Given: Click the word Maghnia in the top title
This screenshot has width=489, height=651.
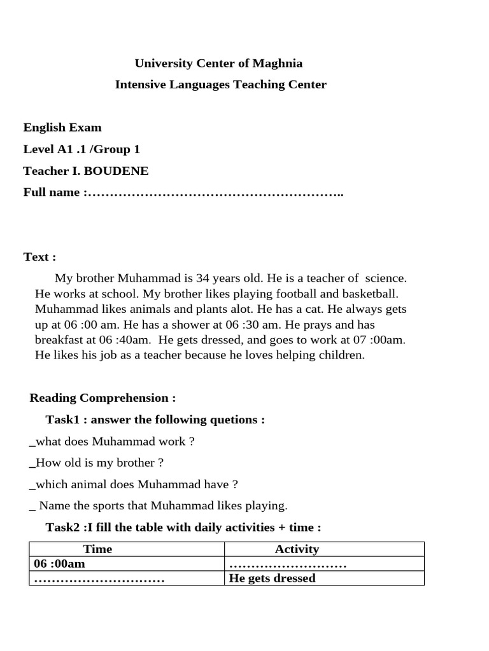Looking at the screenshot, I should pos(277,63).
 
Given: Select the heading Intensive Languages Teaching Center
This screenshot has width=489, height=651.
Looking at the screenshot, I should pos(220,85).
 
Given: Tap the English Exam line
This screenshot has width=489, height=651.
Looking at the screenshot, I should pos(62,127).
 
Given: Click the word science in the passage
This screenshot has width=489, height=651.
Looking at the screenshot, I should pos(384,278).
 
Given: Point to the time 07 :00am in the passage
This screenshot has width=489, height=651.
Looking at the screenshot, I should pos(382,339).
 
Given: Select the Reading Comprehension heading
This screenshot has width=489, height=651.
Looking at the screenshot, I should pos(103,398).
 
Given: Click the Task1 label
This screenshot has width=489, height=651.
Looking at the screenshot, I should pos(66,420).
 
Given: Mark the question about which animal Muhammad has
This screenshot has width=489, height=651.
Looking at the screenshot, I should pos(134,484).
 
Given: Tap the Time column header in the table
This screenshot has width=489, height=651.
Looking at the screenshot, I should pos(97,549).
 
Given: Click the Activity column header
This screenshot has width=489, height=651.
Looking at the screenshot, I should pos(297,549).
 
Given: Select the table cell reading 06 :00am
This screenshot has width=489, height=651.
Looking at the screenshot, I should pos(60,564).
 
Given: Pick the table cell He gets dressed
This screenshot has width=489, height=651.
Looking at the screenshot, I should pos(272,579).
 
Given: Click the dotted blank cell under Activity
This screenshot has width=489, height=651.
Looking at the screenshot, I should pos(287,565).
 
